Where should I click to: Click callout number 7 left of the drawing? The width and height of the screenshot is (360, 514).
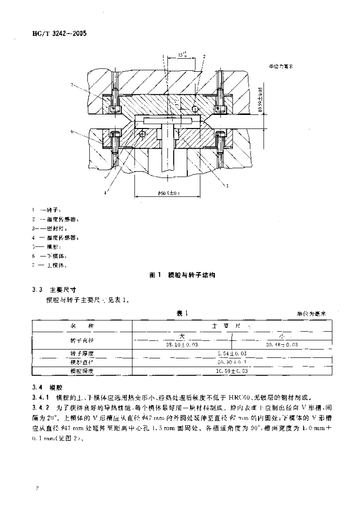(x=72, y=84)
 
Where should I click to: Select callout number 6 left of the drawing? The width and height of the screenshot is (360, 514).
(x=72, y=131)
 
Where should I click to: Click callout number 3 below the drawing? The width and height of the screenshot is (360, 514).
(x=226, y=186)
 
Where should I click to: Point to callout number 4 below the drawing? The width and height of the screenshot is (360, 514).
(x=105, y=192)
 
